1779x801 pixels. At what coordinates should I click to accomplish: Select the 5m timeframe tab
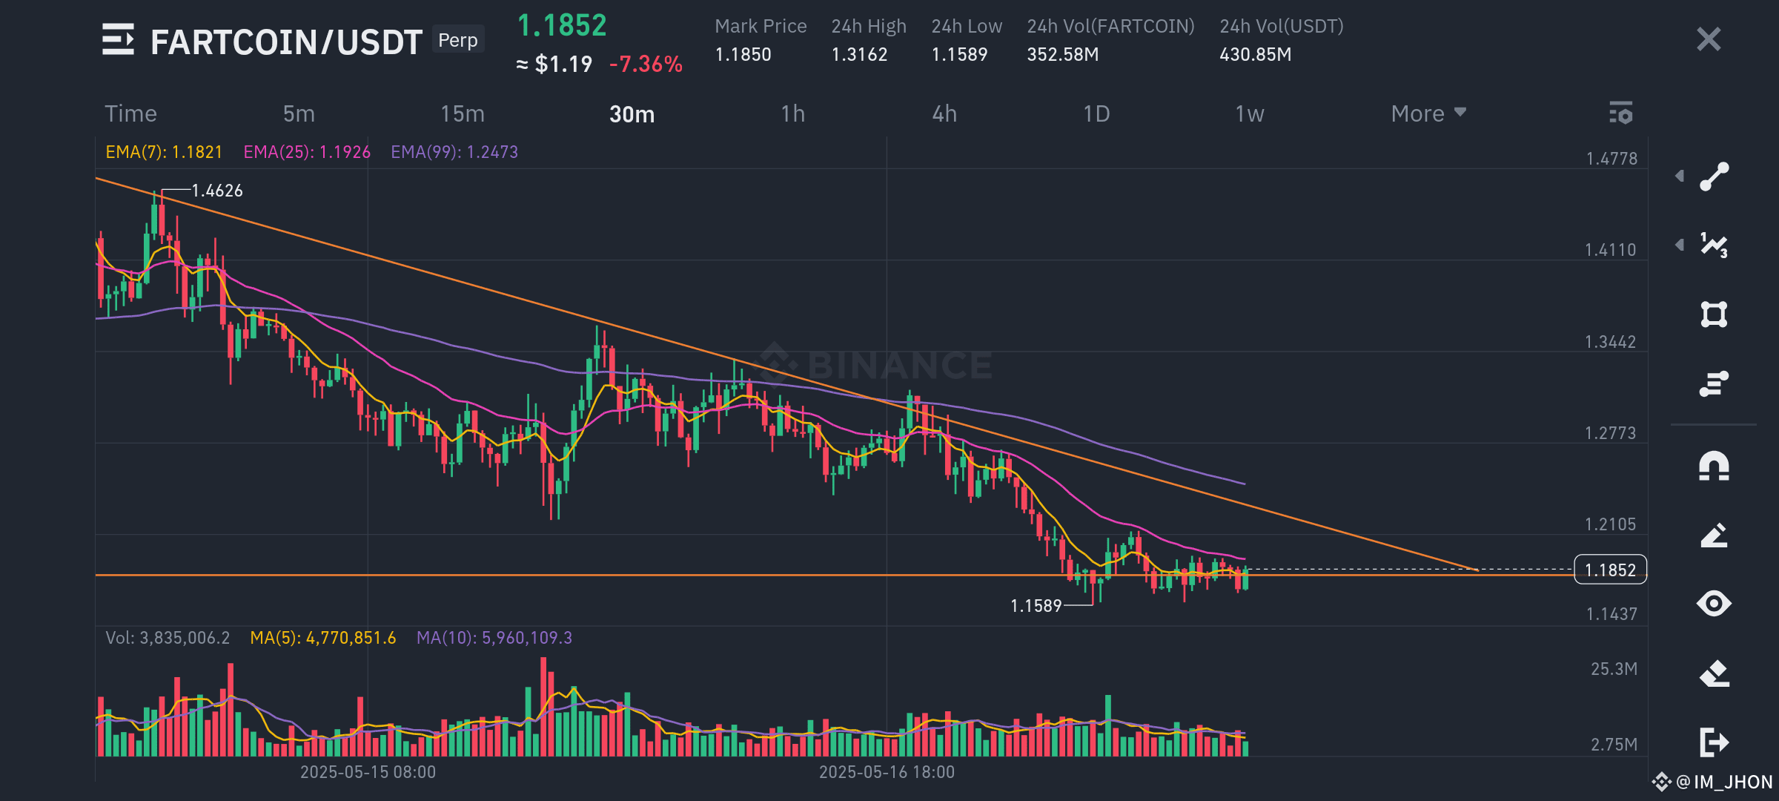(x=299, y=113)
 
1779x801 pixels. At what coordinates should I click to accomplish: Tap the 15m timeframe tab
(x=463, y=113)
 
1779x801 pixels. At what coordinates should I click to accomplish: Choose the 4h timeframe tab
(x=944, y=113)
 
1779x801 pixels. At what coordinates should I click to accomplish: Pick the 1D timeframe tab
(x=1096, y=113)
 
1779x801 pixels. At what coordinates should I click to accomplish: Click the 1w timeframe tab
(x=1250, y=113)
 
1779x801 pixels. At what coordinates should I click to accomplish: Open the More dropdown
(x=1428, y=113)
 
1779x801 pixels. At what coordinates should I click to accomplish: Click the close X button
(x=1709, y=39)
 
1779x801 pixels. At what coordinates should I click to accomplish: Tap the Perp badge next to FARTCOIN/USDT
(x=458, y=40)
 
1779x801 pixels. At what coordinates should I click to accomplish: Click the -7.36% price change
(x=646, y=65)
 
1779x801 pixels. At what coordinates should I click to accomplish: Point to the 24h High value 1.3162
(x=859, y=54)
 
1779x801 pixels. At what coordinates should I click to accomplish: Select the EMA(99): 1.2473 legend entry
(x=454, y=152)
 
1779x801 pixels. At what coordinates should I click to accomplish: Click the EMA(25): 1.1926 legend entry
(x=307, y=152)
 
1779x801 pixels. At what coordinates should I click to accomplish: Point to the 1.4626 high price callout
(x=217, y=191)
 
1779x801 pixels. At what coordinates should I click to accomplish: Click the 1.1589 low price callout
(x=1036, y=606)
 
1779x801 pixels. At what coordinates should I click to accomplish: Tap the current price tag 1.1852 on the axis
(x=1610, y=570)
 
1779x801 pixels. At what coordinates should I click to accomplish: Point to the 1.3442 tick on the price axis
(x=1610, y=342)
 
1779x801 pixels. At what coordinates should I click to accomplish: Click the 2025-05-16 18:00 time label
(x=887, y=772)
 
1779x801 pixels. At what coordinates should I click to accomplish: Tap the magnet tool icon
(x=1714, y=467)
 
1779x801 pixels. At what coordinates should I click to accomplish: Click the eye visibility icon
(x=1714, y=603)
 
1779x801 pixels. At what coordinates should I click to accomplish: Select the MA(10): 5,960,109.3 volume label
(x=494, y=638)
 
